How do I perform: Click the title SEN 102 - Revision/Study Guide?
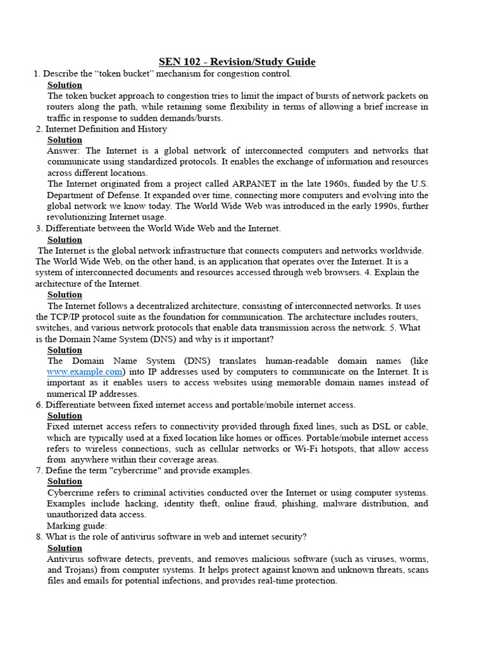click(237, 61)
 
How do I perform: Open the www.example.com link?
click(84, 371)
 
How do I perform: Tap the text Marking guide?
click(77, 526)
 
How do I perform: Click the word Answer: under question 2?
click(64, 151)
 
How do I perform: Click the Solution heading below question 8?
click(65, 548)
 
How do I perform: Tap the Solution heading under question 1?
click(65, 85)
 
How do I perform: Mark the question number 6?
click(39, 404)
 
